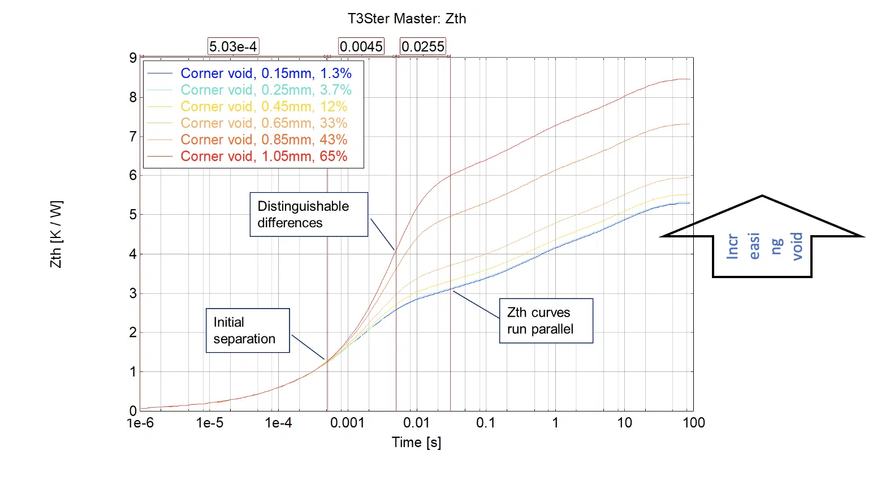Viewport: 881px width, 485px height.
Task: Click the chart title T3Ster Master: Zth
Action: (407, 19)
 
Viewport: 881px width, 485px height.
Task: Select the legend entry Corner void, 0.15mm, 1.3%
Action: (266, 73)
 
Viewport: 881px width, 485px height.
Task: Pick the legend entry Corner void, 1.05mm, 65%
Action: (264, 157)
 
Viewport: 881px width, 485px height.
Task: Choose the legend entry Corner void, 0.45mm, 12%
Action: (264, 107)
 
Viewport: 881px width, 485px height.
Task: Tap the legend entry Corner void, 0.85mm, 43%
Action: (264, 140)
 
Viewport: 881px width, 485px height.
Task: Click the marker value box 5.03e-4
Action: (233, 46)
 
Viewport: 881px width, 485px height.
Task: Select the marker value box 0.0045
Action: (361, 46)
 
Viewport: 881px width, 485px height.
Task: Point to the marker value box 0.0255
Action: (423, 46)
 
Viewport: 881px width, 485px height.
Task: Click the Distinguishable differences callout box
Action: (309, 214)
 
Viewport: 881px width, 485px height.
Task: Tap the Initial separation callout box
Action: (248, 331)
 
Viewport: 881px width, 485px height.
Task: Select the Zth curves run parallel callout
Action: (546, 321)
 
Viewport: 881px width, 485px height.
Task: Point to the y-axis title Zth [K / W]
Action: (56, 234)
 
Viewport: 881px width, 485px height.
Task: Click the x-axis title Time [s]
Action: (416, 442)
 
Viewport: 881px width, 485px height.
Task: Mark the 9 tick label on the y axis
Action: (133, 58)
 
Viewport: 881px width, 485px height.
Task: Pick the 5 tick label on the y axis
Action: (133, 215)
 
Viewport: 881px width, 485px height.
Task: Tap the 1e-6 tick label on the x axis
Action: (140, 423)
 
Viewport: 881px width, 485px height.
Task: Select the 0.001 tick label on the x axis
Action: (347, 423)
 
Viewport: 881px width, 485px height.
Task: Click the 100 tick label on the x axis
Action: (693, 423)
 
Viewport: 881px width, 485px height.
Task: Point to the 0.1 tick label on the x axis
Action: (485, 423)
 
